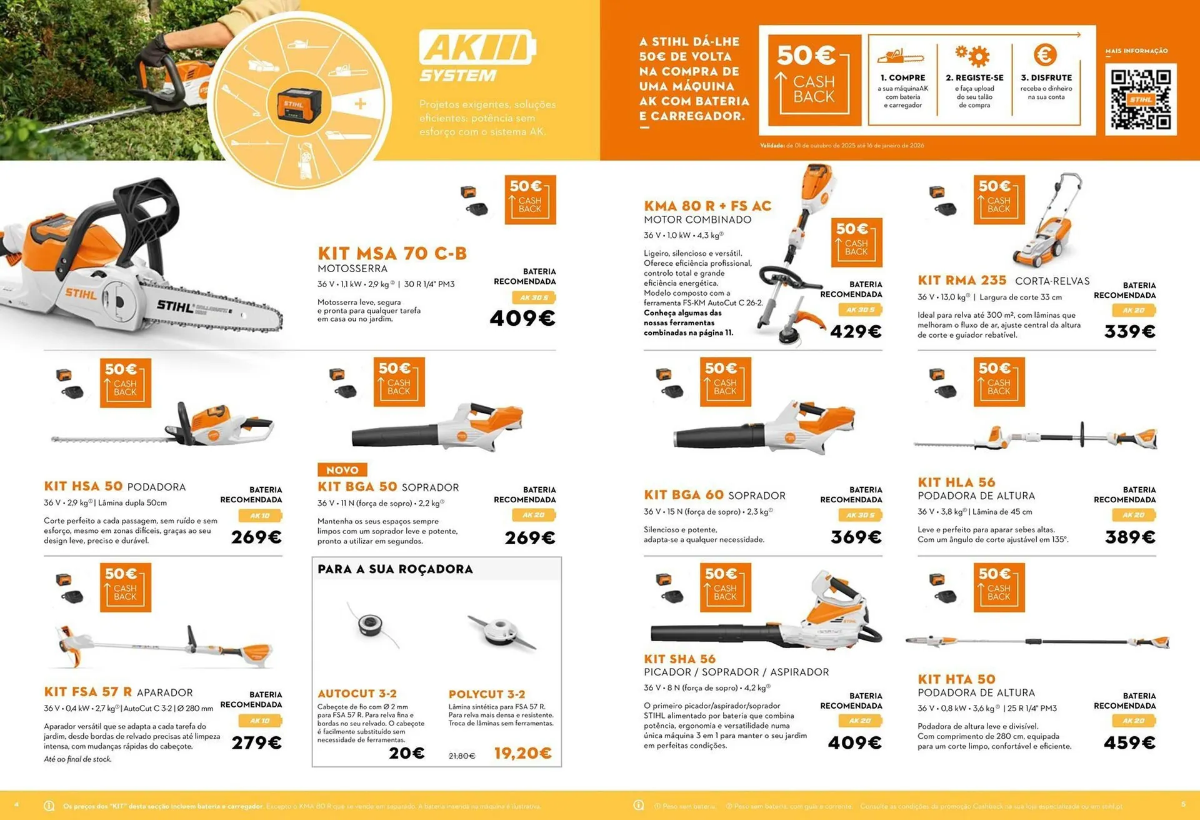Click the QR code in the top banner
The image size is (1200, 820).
[x=1140, y=99]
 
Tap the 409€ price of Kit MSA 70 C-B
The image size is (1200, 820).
[x=522, y=318]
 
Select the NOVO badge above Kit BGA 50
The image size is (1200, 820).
[x=342, y=470]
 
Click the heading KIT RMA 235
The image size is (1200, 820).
[x=962, y=280]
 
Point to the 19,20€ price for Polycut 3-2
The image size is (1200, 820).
[x=522, y=753]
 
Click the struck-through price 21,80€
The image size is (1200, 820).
[x=462, y=756]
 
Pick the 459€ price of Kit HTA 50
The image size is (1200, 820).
[x=1129, y=743]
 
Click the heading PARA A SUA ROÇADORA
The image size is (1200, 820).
[x=395, y=569]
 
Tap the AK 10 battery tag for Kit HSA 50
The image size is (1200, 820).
[x=259, y=516]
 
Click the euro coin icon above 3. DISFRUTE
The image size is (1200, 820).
[x=1045, y=55]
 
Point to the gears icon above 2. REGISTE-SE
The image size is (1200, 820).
[x=973, y=56]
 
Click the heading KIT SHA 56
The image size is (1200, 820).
[x=679, y=659]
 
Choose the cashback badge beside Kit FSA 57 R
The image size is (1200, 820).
[x=125, y=587]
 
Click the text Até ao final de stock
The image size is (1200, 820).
[x=77, y=759]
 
